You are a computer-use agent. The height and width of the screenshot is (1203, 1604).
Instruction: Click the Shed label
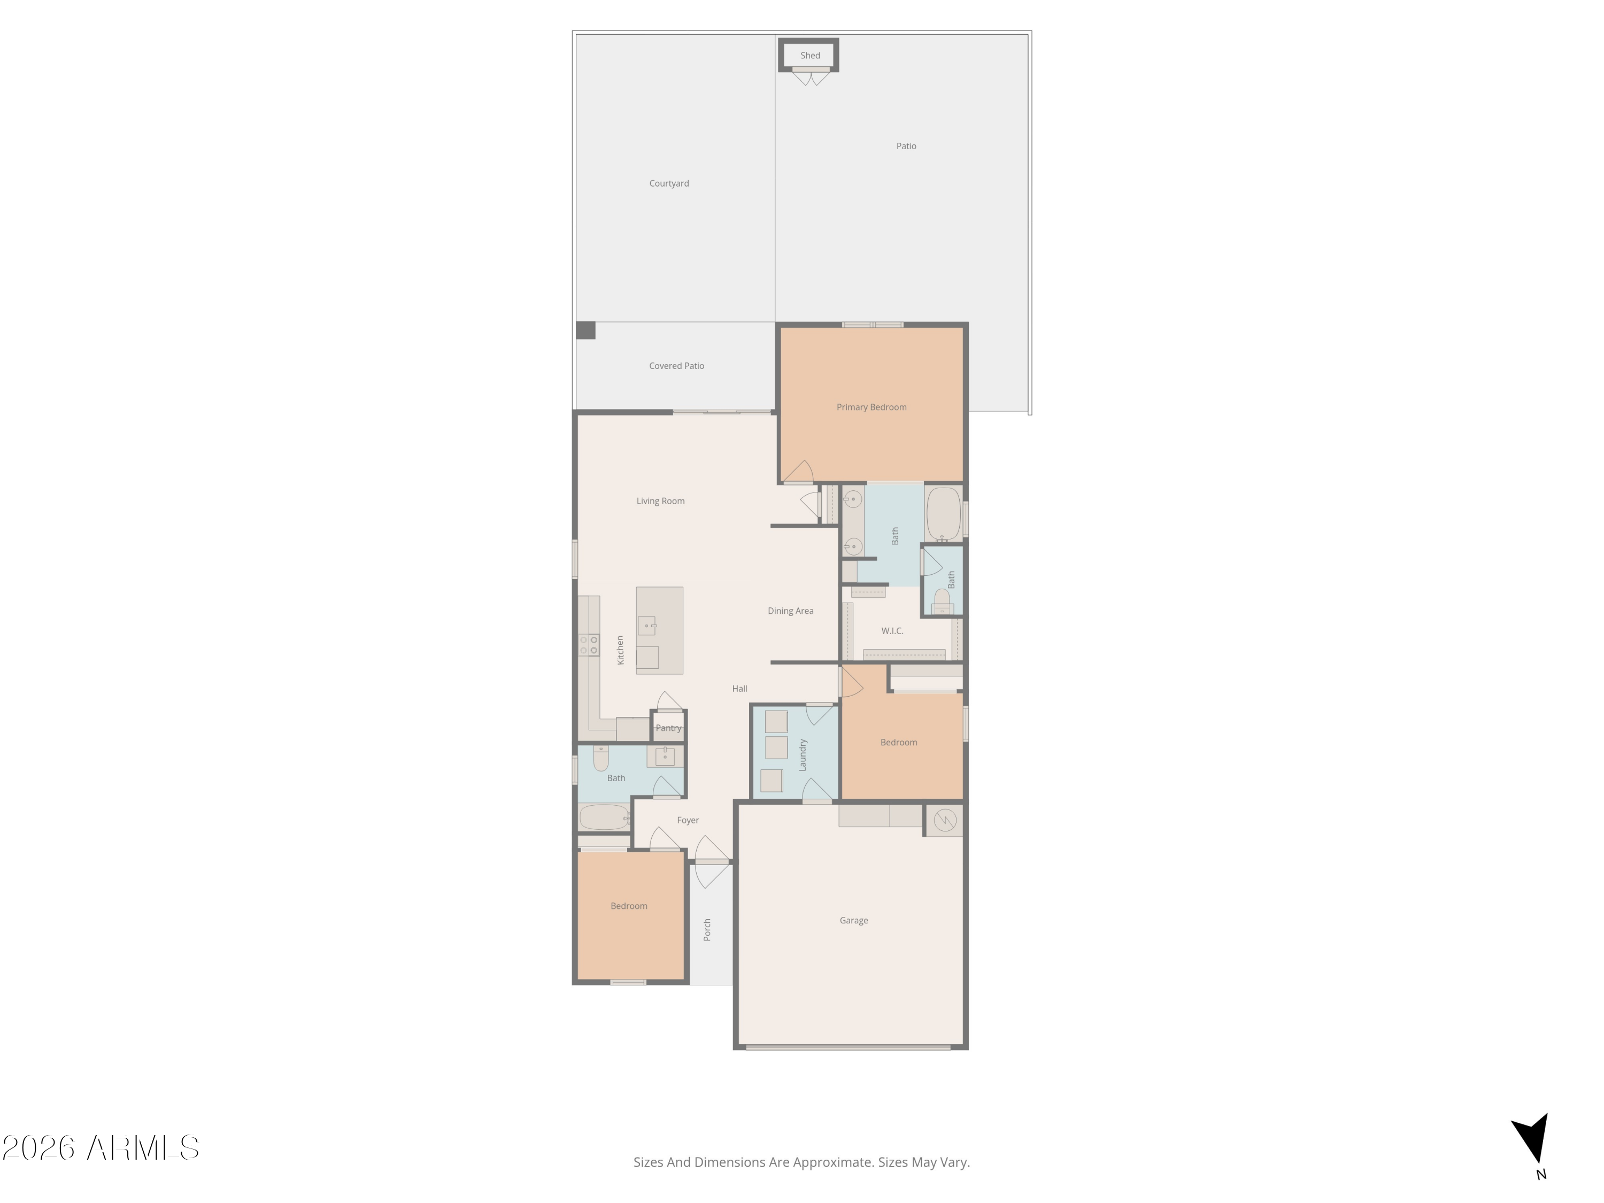(810, 56)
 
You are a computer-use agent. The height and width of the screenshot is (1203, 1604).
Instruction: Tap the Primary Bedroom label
(871, 407)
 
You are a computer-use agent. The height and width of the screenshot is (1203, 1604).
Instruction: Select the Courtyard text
(668, 183)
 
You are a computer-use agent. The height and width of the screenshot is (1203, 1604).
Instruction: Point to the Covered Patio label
(676, 366)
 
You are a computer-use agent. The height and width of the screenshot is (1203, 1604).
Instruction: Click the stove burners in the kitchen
(589, 645)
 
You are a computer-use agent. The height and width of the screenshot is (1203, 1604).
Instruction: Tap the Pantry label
(668, 728)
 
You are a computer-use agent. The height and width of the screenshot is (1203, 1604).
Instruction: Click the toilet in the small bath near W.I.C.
(942, 601)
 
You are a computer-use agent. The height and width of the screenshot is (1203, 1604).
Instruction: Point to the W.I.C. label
(892, 631)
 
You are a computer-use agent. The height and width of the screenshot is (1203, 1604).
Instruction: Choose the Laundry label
(803, 755)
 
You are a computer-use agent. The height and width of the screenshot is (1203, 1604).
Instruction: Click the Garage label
(853, 921)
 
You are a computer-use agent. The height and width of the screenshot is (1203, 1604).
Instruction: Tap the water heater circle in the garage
(945, 820)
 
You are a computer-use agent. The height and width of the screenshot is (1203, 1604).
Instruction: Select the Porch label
(707, 930)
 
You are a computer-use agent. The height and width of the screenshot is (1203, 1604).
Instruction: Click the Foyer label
(688, 821)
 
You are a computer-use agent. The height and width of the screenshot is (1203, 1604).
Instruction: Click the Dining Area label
(790, 611)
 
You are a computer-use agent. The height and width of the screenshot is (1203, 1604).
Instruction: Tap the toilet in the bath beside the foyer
(600, 758)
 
